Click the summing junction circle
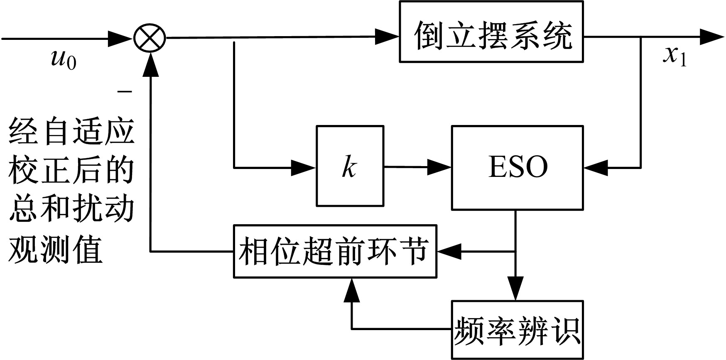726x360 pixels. (150, 38)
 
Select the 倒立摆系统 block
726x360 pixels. (491, 32)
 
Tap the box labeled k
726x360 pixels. (350, 166)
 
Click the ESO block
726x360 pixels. (518, 167)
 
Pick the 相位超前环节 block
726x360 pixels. (335, 251)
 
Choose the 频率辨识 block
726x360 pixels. (518, 330)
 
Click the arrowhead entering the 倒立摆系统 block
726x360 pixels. (387, 36)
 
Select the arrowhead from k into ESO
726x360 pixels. (439, 167)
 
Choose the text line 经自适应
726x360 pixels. (71, 131)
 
